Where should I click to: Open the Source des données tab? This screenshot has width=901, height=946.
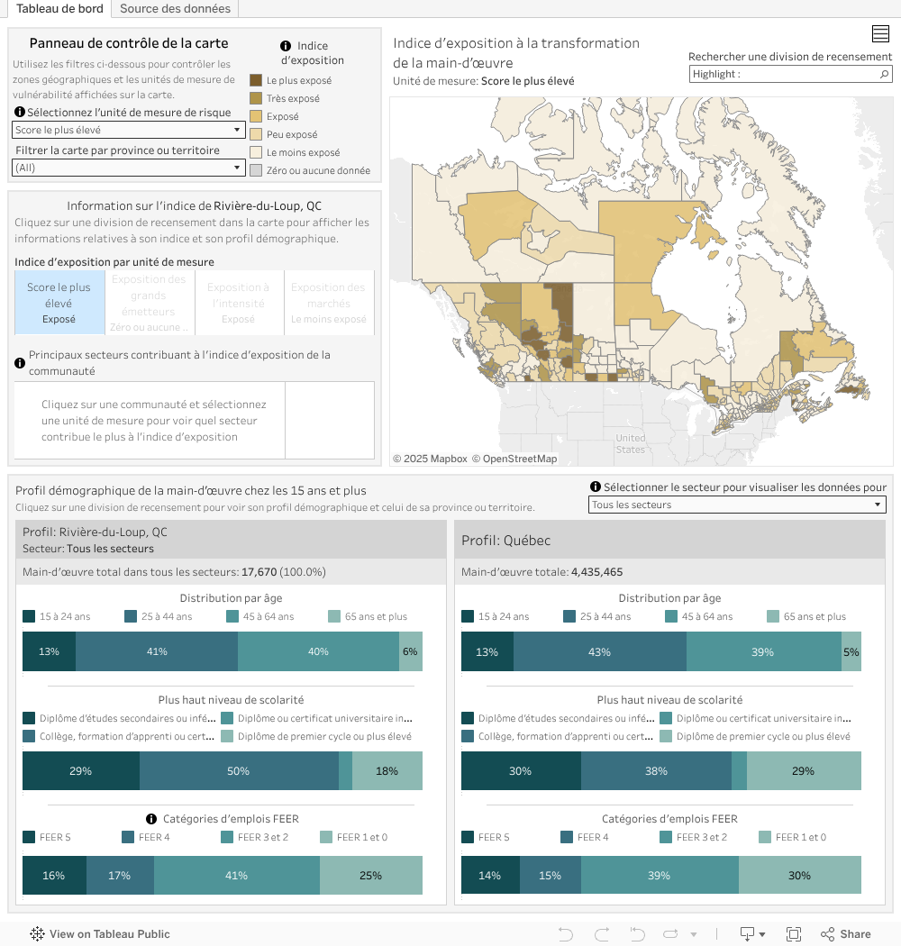[175, 9]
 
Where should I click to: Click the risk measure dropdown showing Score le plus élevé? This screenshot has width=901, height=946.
[129, 130]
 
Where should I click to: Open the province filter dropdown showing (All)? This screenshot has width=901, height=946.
[129, 168]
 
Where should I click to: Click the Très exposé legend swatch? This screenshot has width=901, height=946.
[256, 98]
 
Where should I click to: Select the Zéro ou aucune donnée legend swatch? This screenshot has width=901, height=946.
[256, 170]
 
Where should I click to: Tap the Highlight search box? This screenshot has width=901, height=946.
[784, 75]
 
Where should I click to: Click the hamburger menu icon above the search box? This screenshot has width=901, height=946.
[881, 34]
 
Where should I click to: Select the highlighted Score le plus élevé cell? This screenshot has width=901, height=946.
[59, 303]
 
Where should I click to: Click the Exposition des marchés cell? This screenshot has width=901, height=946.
[329, 303]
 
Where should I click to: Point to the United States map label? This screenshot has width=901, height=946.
[631, 443]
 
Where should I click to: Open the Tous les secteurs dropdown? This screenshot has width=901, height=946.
[737, 505]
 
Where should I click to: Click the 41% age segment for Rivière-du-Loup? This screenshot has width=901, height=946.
[157, 651]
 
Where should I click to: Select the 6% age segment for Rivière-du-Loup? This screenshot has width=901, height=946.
[410, 651]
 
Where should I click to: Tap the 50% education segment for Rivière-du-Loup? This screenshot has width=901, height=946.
[238, 770]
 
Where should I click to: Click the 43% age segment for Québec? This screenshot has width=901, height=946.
[599, 651]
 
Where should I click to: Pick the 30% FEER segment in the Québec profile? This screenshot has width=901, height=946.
[799, 875]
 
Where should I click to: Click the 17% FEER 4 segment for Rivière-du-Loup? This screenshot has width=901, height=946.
[120, 875]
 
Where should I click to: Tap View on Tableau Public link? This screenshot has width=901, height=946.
[100, 934]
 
